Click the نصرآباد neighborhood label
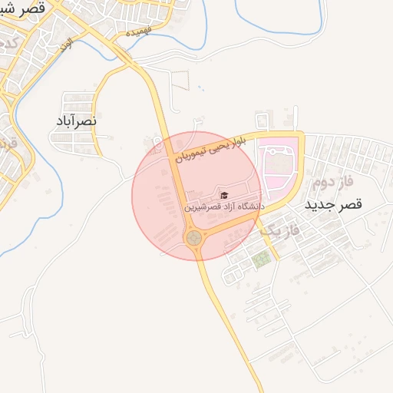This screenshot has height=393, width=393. (x=75, y=122)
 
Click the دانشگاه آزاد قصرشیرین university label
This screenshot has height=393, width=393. (x=223, y=207)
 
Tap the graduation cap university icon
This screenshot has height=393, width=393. (x=224, y=195)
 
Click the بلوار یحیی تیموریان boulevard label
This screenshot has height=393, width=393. (x=219, y=146)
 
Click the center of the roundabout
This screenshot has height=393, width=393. (x=194, y=239)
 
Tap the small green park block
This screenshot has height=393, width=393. (x=262, y=259)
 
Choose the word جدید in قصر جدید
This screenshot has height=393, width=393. (x=320, y=205)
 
